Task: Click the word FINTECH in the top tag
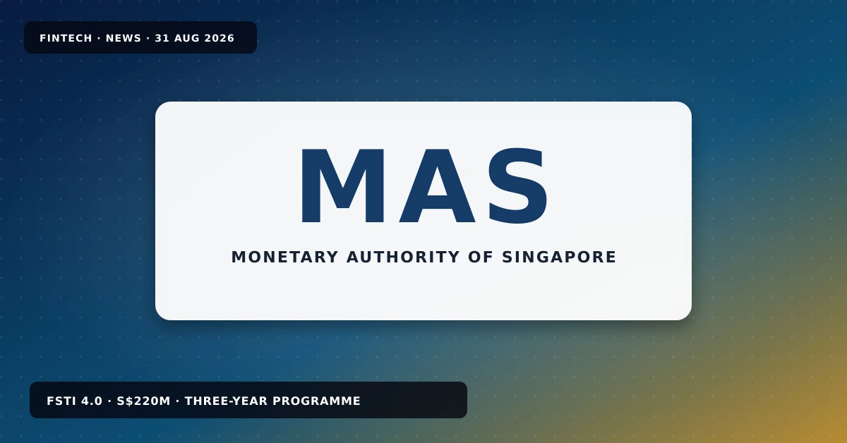tap(66, 38)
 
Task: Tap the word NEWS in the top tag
tap(124, 38)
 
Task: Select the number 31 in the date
tap(162, 38)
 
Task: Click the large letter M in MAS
tap(342, 186)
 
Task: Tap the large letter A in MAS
tap(437, 186)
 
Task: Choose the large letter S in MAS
tap(518, 186)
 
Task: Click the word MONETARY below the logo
tap(284, 257)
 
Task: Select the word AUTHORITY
tap(404, 257)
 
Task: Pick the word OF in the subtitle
tap(481, 257)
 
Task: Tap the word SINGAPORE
tap(559, 257)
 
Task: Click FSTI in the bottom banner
tap(61, 401)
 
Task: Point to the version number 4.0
tap(92, 401)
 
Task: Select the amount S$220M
tap(144, 401)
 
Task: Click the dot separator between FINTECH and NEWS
tap(99, 39)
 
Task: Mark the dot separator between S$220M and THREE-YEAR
tap(178, 401)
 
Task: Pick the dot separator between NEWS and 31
tap(148, 39)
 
